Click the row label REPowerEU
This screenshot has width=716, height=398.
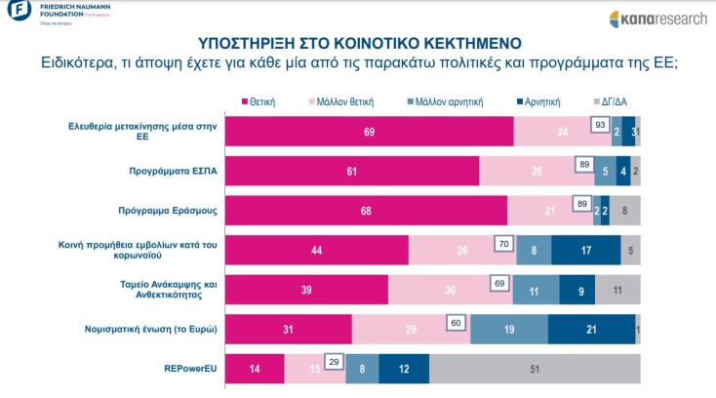192,370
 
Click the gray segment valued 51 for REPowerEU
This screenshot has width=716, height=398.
535,370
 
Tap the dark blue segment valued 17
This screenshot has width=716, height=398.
585,250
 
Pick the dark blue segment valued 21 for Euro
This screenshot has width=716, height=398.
591,330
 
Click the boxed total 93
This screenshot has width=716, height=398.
601,125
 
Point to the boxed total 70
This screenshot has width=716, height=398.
503,244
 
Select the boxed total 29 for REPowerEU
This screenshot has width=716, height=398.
334,363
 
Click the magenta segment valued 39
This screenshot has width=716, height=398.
306,290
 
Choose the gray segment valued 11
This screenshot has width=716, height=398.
618,290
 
